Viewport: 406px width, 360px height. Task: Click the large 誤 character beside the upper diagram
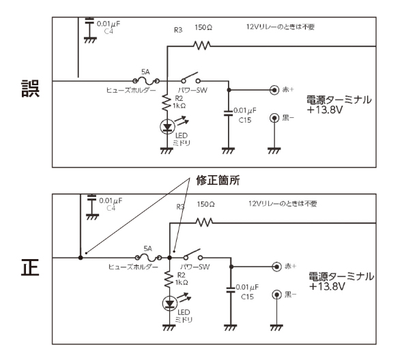tap(30, 89)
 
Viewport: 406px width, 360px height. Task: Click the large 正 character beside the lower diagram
tap(30, 267)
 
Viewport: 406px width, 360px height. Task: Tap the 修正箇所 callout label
tap(218, 181)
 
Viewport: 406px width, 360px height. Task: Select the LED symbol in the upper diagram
tap(168, 127)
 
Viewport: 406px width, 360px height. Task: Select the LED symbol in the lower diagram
tap(170, 303)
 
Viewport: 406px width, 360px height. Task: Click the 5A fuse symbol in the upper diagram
tap(146, 81)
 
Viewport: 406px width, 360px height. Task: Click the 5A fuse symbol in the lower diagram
tap(148, 258)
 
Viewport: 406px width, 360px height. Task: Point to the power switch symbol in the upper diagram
tap(191, 78)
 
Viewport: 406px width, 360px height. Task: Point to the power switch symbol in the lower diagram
tap(193, 255)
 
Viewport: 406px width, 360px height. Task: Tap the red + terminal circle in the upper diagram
tap(274, 90)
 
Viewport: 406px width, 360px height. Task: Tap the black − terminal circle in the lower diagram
tap(277, 295)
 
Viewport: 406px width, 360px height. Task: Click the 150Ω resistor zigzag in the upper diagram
tap(202, 46)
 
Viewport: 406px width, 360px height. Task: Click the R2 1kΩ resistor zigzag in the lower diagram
tap(169, 280)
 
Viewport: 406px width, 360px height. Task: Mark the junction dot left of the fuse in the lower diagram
tap(81, 258)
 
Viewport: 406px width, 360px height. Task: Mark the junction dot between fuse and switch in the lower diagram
tap(170, 258)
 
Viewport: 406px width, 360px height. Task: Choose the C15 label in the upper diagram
tap(245, 121)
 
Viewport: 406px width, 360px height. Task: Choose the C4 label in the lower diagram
tap(111, 209)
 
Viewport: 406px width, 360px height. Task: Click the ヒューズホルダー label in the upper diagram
tap(131, 90)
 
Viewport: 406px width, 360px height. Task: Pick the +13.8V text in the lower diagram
tap(327, 287)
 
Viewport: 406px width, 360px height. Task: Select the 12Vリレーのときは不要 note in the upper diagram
tap(280, 27)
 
